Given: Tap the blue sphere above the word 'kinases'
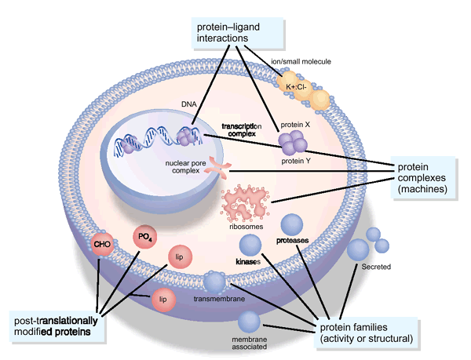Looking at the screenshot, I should (250, 245).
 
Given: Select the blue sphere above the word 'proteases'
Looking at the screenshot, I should (292, 224).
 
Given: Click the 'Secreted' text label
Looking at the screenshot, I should (376, 267).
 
